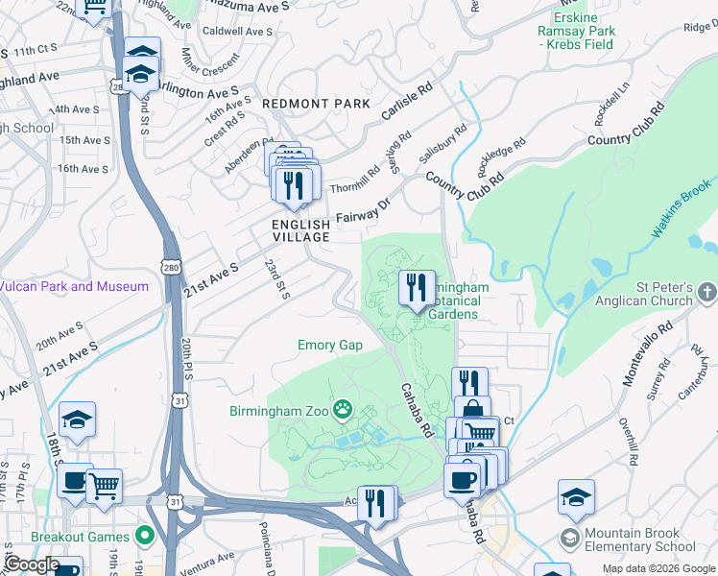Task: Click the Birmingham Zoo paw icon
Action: click(343, 411)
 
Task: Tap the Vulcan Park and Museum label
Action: click(75, 286)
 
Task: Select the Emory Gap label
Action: click(329, 345)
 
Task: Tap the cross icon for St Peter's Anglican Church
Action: click(707, 289)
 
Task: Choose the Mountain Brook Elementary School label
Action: click(646, 540)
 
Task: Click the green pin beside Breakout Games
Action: click(144, 536)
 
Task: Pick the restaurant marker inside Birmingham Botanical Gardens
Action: click(417, 288)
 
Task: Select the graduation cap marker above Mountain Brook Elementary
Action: click(576, 497)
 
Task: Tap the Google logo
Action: click(31, 564)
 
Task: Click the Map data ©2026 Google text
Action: click(658, 568)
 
